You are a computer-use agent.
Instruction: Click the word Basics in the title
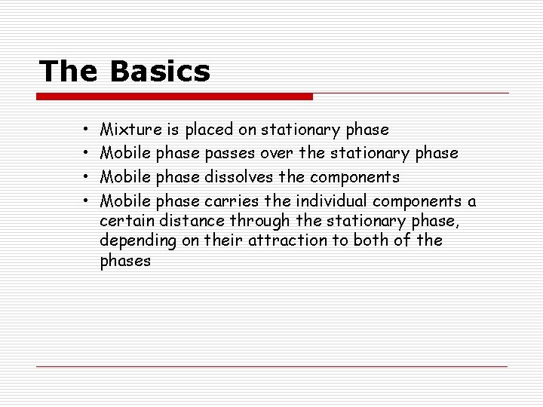[159, 72]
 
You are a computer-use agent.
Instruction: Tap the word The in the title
[69, 72]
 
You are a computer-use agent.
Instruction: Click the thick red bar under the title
[176, 96]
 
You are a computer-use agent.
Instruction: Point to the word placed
[212, 130]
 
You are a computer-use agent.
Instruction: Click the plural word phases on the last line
[125, 262]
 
